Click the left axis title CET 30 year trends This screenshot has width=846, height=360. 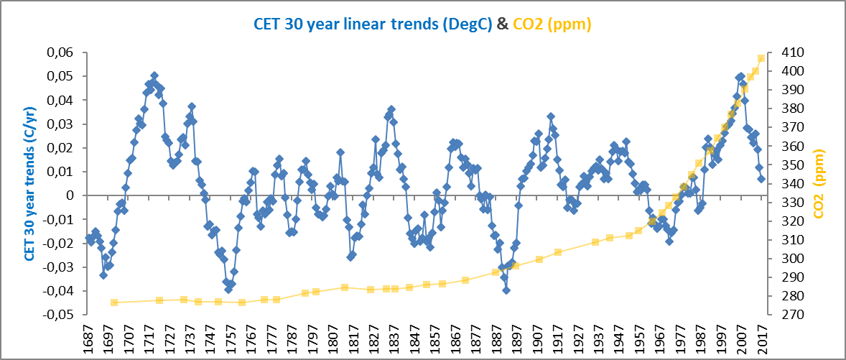pyautogui.click(x=30, y=184)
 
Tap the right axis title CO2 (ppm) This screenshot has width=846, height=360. pyautogui.click(x=819, y=184)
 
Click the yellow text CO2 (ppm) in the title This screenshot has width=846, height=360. pyautogui.click(x=552, y=24)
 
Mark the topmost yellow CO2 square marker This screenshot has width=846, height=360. pyautogui.click(x=761, y=58)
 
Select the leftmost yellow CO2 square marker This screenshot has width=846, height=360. pyautogui.click(x=114, y=303)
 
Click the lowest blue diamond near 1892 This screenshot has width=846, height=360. pyautogui.click(x=506, y=290)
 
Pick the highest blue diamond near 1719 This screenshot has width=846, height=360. pyautogui.click(x=154, y=75)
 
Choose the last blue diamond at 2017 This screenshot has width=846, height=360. pyautogui.click(x=761, y=179)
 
